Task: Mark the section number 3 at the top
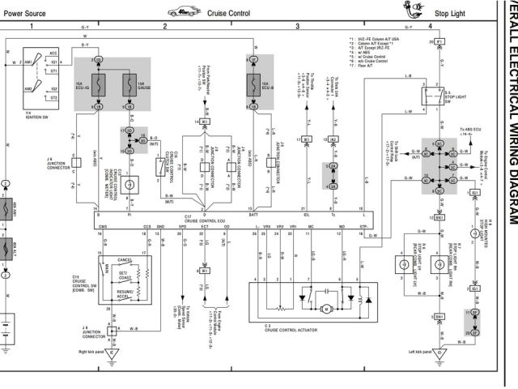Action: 297,27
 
